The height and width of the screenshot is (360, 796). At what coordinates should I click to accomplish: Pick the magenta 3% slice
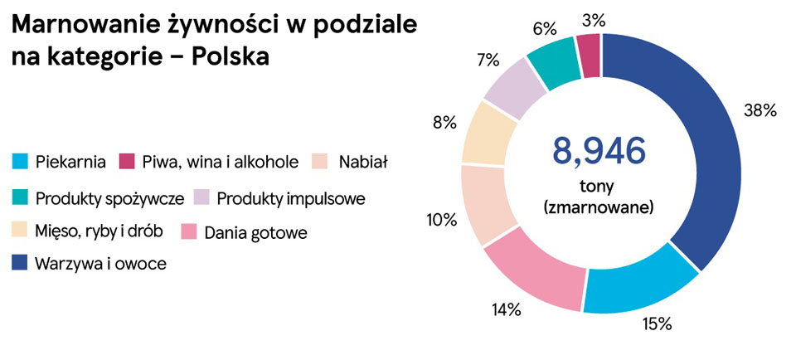coord(588,54)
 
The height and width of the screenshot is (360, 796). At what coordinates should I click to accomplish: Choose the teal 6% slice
coord(554,63)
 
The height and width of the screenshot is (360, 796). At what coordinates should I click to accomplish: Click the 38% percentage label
coord(759,111)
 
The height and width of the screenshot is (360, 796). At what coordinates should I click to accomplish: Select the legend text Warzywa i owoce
coord(100,264)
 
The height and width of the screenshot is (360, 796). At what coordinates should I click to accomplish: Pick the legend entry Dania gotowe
coord(255,233)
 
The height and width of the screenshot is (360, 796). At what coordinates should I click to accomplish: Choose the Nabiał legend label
coord(364,160)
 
